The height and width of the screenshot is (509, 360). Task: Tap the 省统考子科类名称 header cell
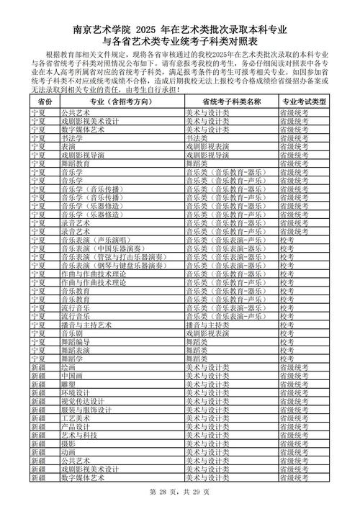click(231, 102)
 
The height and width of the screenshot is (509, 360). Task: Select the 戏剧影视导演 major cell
click(81, 154)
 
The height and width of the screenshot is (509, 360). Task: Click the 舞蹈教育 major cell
click(74, 163)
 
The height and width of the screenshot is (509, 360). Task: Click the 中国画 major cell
click(73, 375)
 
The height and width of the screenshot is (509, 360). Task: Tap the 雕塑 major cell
click(69, 384)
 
